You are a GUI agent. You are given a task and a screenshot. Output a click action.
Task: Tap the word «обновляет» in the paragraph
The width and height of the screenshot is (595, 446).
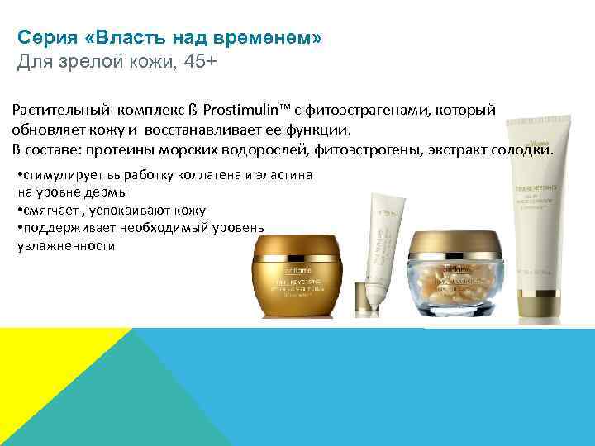(46, 130)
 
